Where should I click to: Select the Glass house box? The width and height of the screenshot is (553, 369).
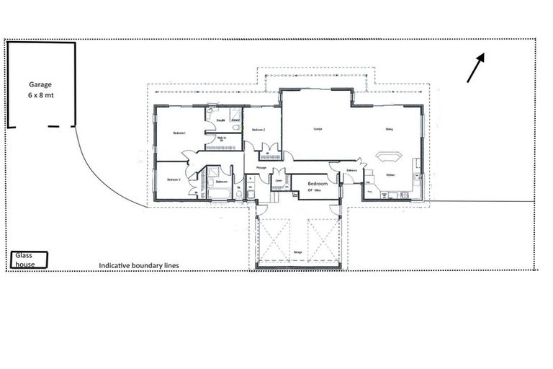[30, 259]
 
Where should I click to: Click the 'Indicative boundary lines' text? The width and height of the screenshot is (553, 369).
[139, 265]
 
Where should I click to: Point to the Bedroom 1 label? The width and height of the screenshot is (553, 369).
[180, 133]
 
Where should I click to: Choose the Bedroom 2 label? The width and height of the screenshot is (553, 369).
[259, 130]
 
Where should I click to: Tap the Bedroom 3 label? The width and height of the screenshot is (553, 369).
[174, 179]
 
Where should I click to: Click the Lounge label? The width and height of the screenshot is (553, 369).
[317, 129]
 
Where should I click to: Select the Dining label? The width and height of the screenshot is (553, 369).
[389, 130]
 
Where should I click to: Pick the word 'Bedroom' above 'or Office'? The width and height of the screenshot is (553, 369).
[318, 184]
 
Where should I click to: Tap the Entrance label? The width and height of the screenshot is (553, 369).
[352, 170]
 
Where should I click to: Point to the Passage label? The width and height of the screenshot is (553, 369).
[261, 168]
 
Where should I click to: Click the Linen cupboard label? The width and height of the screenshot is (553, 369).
[279, 180]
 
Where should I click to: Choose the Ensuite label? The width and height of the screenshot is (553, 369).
[221, 120]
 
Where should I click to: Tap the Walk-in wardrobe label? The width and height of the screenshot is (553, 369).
[222, 138]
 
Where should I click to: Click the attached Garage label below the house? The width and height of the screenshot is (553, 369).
[297, 252]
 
